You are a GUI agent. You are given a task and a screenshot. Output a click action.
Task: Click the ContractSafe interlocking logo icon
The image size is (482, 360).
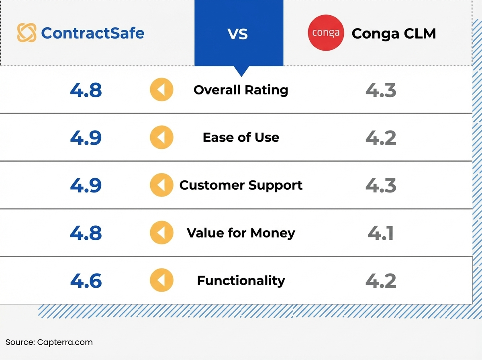click(27, 33)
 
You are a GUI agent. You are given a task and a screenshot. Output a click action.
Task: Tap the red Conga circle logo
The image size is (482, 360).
click(326, 33)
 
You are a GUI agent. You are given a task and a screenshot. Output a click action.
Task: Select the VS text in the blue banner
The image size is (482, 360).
click(238, 34)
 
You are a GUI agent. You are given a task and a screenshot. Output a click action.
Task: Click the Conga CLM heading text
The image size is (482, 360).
click(394, 34)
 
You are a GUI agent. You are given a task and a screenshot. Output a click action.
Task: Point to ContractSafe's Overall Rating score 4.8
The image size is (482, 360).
click(86, 90)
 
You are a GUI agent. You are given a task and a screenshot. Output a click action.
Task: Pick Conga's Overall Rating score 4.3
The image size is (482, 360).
click(381, 90)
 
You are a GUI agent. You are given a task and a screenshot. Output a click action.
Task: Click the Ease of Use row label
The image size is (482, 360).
click(241, 137)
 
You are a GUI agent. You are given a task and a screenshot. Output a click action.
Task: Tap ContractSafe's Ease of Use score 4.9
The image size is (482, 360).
click(86, 137)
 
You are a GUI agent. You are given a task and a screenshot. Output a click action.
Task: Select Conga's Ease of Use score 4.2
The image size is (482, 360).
click(381, 137)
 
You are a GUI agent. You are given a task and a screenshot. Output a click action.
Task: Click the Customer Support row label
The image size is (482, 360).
click(241, 185)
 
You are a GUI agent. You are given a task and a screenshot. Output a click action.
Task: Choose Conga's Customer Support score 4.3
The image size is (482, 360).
click(381, 185)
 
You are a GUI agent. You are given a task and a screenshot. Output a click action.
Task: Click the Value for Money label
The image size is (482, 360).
click(241, 233)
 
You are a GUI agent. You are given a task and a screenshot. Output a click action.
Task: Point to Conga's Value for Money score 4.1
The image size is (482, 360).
click(381, 233)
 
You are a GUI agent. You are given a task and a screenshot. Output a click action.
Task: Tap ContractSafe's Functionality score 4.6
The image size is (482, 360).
click(86, 280)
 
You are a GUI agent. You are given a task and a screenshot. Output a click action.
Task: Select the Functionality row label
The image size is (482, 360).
click(241, 280)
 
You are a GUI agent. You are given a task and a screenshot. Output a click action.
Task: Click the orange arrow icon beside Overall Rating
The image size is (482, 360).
click(161, 90)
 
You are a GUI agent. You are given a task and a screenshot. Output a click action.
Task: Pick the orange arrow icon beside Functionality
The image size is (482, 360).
click(161, 280)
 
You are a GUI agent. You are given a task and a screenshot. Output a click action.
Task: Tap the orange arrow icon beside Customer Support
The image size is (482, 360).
click(161, 185)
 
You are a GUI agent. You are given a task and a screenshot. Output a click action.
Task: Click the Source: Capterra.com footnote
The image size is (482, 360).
click(49, 342)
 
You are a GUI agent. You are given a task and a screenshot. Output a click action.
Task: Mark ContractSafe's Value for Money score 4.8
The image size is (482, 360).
click(86, 233)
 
